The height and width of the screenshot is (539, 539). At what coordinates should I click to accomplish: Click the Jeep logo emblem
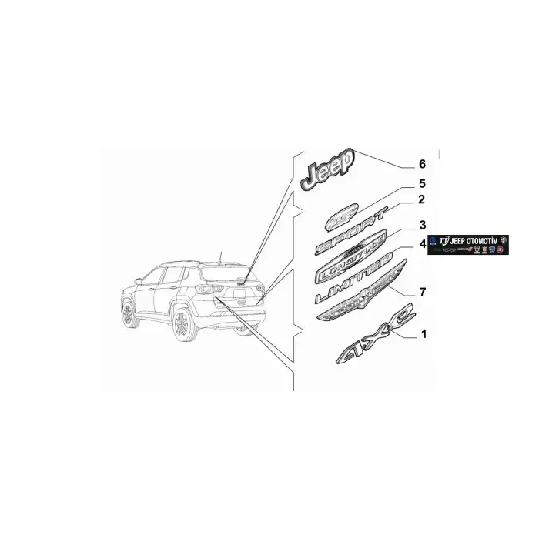[328, 169]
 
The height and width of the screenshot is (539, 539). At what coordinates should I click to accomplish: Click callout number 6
[421, 164]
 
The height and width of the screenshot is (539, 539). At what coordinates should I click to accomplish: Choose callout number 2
[421, 200]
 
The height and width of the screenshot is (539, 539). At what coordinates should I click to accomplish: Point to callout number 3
[422, 226]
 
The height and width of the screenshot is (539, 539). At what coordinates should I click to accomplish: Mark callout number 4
[422, 244]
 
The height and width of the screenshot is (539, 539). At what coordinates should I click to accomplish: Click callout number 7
[422, 292]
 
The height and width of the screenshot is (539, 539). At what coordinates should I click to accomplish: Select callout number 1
[422, 335]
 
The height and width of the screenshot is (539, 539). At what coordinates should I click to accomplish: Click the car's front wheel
[127, 314]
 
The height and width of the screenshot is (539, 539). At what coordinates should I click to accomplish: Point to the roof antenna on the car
[219, 256]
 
